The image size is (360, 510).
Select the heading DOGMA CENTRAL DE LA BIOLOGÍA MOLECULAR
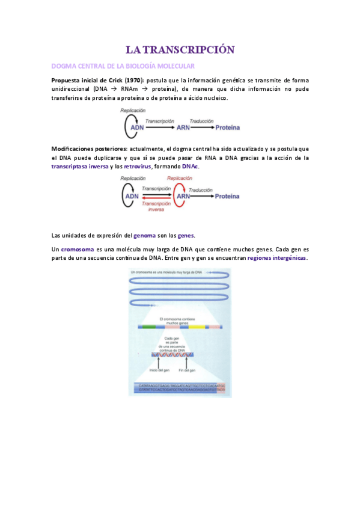pos(123,66)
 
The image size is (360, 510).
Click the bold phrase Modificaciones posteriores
pos(89,149)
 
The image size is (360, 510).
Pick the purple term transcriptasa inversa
pos(80,167)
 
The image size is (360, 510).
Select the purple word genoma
pos(144,235)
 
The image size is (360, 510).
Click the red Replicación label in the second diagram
pos(180,179)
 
